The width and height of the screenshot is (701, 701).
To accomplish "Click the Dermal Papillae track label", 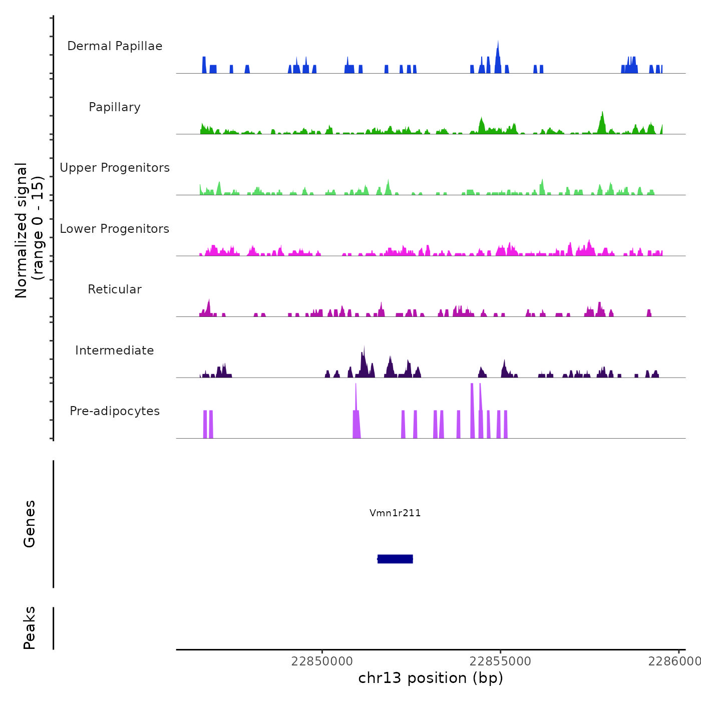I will pyautogui.click(x=115, y=46).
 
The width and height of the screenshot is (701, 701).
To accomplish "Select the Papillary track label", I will pyautogui.click(x=115, y=107).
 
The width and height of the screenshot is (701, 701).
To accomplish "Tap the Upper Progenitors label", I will pyautogui.click(x=115, y=168).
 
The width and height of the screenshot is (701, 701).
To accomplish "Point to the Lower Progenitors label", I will pyautogui.click(x=115, y=229).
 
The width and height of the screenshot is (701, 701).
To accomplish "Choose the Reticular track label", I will pyautogui.click(x=115, y=289).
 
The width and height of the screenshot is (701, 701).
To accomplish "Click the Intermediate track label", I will pyautogui.click(x=115, y=350).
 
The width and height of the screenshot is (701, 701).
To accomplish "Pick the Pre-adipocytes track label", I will pyautogui.click(x=115, y=411).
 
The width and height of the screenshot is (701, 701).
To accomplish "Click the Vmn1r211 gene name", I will pyautogui.click(x=395, y=513).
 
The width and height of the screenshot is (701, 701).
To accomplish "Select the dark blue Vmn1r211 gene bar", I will pyautogui.click(x=395, y=559).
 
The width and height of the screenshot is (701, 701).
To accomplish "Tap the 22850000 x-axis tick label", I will pyautogui.click(x=322, y=661).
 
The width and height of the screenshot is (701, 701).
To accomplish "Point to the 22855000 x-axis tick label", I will pyautogui.click(x=500, y=661).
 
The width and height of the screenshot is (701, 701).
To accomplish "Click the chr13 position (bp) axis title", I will pyautogui.click(x=431, y=678).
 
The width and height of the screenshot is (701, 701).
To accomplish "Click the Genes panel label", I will pyautogui.click(x=30, y=523).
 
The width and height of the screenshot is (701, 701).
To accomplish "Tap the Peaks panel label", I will pyautogui.click(x=30, y=628).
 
